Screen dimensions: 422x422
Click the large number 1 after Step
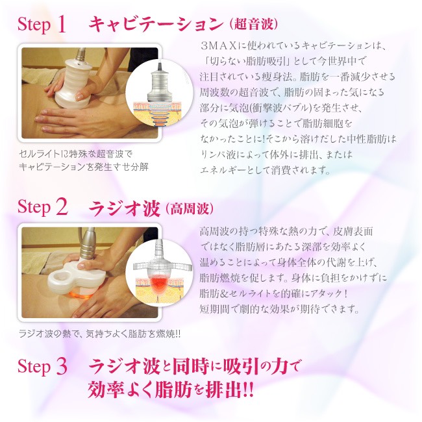point(62,25)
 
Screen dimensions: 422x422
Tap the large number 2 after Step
point(62,207)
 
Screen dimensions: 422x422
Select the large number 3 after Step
point(62,366)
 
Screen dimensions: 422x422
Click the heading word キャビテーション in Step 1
point(156,23)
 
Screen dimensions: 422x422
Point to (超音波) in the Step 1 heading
point(253,25)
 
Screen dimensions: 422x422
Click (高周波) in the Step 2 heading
point(190,208)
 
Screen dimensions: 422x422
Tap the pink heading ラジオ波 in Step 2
point(125,208)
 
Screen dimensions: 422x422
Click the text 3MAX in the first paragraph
point(218,45)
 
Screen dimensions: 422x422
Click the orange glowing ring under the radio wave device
point(81,294)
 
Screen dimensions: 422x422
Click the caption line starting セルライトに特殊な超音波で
point(75,155)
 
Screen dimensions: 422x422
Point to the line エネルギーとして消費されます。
point(266,170)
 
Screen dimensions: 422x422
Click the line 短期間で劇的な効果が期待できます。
point(279,309)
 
